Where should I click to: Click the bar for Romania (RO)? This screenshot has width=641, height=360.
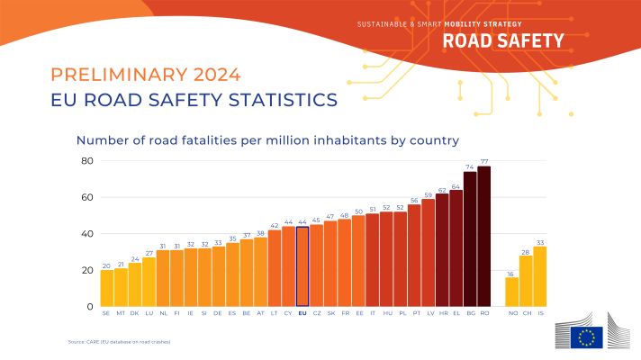[483, 236]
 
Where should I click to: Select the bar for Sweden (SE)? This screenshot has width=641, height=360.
[107, 288]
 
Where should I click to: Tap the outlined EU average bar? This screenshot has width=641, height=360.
[302, 266]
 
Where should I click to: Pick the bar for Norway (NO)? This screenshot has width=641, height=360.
[511, 292]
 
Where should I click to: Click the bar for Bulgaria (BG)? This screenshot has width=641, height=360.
[470, 238]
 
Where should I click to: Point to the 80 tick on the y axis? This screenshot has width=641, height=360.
[87, 161]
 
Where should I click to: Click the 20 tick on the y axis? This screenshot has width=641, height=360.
[87, 270]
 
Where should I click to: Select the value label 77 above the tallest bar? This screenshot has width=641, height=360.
[483, 161]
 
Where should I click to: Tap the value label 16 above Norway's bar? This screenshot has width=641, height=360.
[511, 273]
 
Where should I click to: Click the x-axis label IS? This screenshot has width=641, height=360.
[539, 314]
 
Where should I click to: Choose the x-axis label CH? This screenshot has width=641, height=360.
[526, 314]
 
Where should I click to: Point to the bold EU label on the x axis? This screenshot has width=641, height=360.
[302, 314]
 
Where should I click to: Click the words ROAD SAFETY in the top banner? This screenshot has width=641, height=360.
[503, 40]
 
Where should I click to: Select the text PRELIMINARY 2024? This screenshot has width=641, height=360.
[147, 74]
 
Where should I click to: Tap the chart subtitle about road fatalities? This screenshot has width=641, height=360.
[267, 140]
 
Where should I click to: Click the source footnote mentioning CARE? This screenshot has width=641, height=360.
[119, 342]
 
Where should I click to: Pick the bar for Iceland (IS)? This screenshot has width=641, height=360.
[539, 276]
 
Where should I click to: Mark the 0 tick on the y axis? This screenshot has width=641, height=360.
[90, 306]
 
